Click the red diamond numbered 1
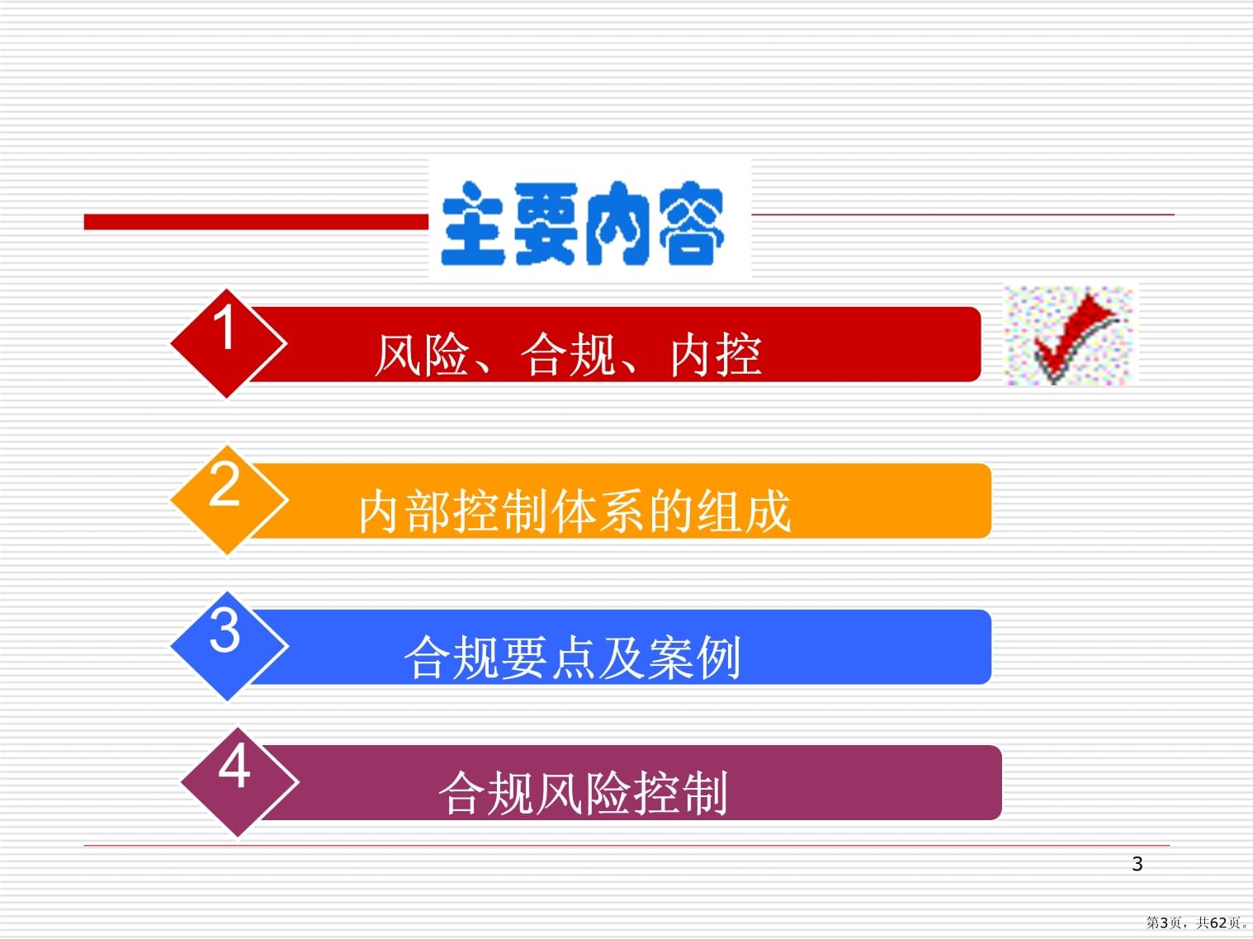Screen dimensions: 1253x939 [x=228, y=343]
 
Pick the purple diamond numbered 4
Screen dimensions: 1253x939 [x=239, y=782]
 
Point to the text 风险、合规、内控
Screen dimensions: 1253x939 [x=569, y=356]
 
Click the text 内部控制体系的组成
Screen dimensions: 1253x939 [x=574, y=512]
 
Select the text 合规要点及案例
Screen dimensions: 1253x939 [x=573, y=658]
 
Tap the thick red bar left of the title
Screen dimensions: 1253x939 [x=256, y=222]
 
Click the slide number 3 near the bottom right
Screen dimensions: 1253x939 [x=1137, y=864]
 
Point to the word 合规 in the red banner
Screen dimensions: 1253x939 [x=568, y=356]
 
